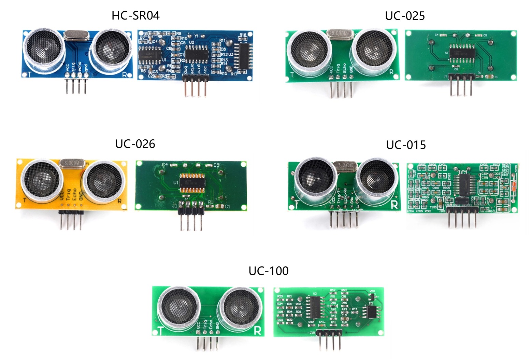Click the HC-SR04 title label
[135, 16]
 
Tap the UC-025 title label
[405, 16]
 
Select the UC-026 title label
[135, 144]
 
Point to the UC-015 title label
[406, 145]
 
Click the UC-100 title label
[269, 271]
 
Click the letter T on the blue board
[30, 74]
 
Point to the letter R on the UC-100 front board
[258, 331]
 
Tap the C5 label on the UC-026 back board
[216, 165]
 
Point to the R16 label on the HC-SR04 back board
[243, 35]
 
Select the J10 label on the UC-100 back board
[312, 333]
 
